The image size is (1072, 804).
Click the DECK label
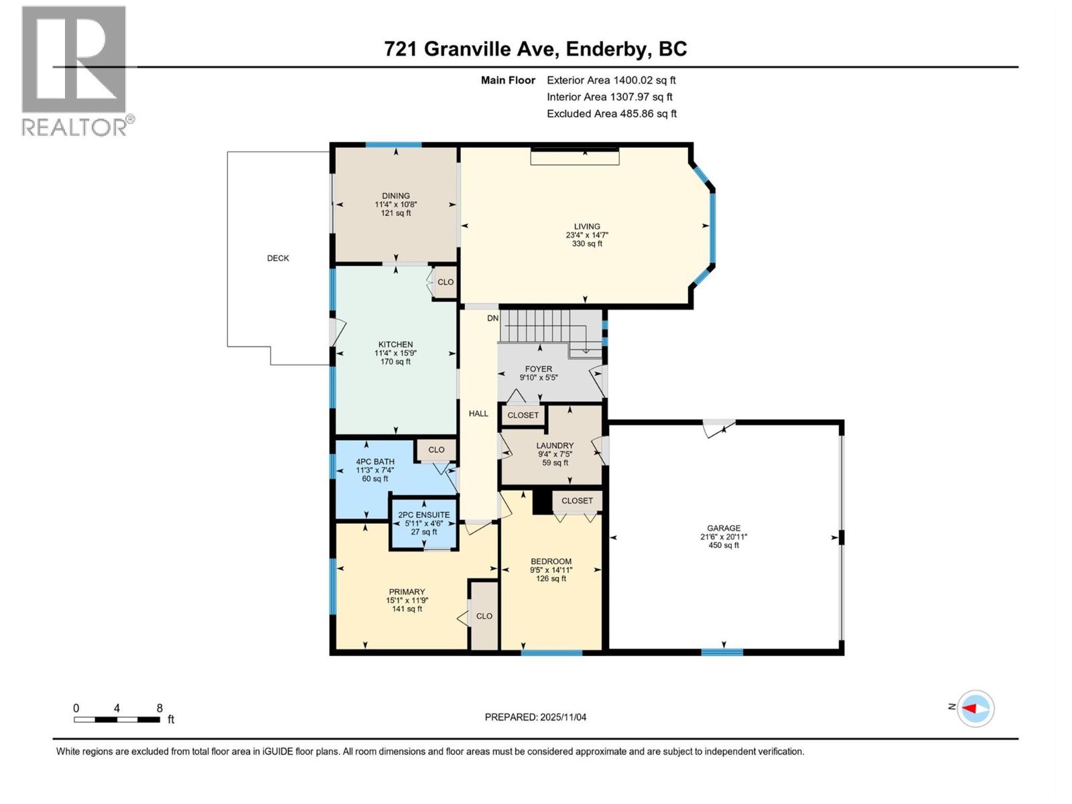pyautogui.click(x=278, y=258)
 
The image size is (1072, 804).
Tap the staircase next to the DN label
pyautogui.click(x=543, y=326)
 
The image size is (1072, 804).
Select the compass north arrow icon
pyautogui.click(x=975, y=708)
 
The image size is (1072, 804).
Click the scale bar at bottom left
pyautogui.click(x=117, y=720)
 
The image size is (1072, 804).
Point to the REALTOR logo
pyautogui.click(x=74, y=70)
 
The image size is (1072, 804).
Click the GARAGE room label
pyautogui.click(x=724, y=528)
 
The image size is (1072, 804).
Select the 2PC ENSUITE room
pyautogui.click(x=424, y=523)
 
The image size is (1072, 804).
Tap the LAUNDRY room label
pyautogui.click(x=555, y=446)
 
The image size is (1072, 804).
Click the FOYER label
pyautogui.click(x=539, y=369)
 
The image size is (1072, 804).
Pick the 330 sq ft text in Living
pyautogui.click(x=587, y=244)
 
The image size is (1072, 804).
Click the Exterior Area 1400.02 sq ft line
pyautogui.click(x=611, y=80)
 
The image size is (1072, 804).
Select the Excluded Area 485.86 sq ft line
pyautogui.click(x=611, y=114)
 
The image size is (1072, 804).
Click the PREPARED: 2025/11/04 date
pyautogui.click(x=535, y=717)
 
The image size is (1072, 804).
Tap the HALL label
pyautogui.click(x=478, y=413)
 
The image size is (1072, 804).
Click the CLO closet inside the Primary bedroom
pyautogui.click(x=484, y=616)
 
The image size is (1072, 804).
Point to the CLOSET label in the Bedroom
pyautogui.click(x=577, y=500)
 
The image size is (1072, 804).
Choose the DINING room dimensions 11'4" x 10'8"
pyautogui.click(x=396, y=204)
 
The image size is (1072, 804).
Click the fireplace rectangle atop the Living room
pyautogui.click(x=575, y=157)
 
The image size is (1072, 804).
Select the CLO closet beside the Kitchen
pyautogui.click(x=446, y=282)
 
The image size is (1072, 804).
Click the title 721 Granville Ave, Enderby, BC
pyautogui.click(x=535, y=49)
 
